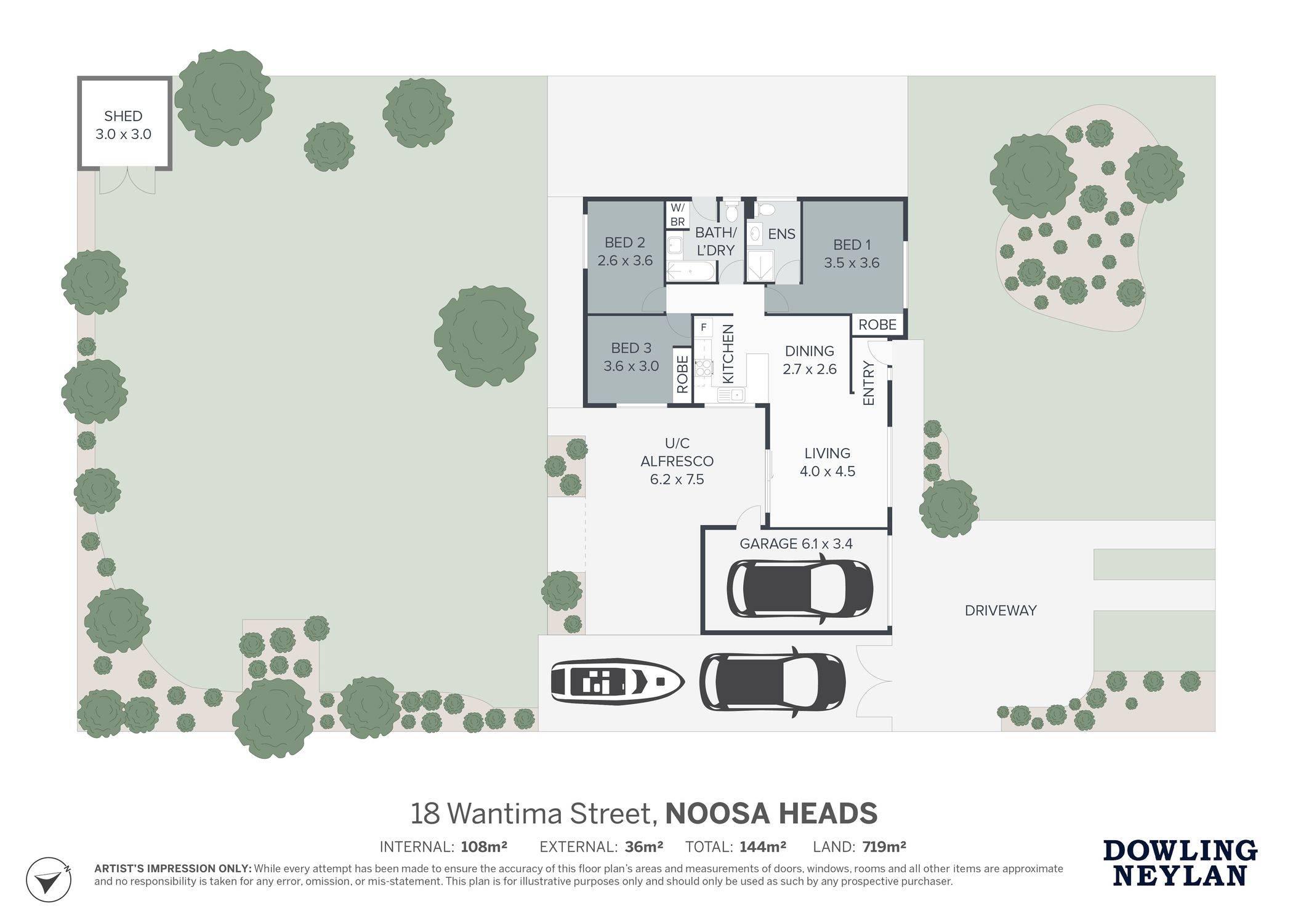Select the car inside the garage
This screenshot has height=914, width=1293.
pos(800,588)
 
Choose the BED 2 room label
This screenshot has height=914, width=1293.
pos(625,251)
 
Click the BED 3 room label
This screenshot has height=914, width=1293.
pos(631,357)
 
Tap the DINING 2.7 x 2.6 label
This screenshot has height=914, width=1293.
pos(810,360)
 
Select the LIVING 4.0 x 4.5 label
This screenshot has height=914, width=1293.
pos(828,462)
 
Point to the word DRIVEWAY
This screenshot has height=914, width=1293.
pos(1001,611)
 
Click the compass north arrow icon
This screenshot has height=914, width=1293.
pos(49,879)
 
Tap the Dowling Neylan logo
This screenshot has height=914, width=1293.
pos(1180,863)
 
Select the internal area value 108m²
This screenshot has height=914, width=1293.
pos(484,847)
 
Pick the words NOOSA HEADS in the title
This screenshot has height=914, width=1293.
pos(771,813)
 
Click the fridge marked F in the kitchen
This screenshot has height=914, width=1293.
pos(703,327)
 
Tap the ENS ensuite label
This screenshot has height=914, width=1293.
pos(782,234)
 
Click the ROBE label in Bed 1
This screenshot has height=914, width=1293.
pos(877,325)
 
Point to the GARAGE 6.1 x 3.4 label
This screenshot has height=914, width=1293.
pos(796,543)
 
